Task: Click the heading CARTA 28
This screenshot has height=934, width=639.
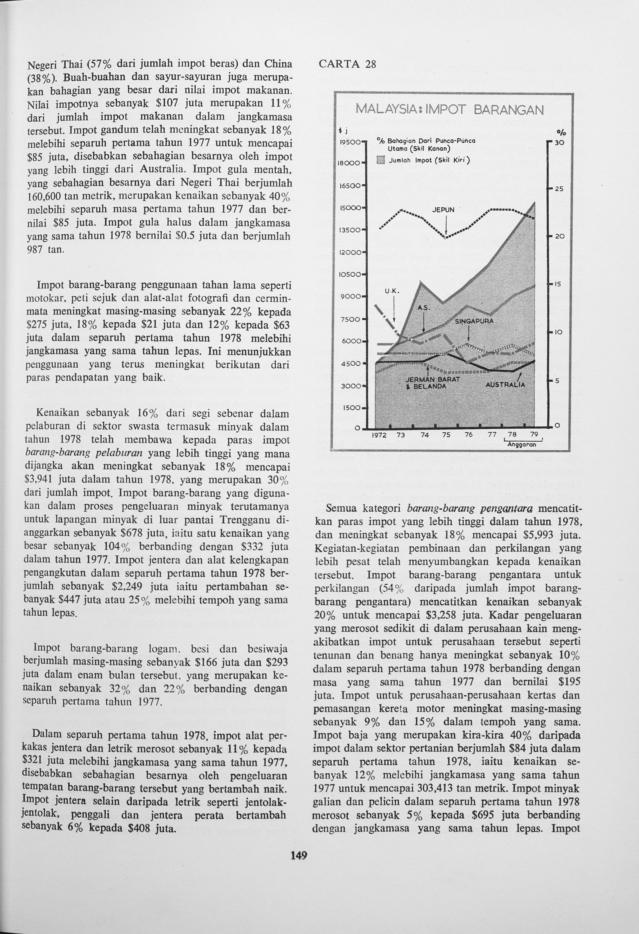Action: (347, 64)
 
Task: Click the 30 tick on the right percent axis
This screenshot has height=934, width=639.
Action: (560, 143)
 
